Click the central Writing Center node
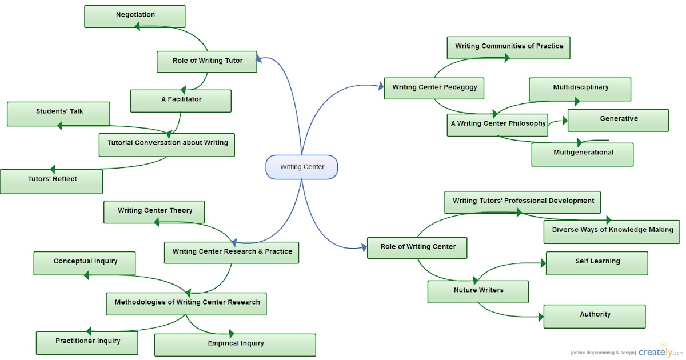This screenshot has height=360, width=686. (302, 167)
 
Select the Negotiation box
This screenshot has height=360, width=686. (135, 16)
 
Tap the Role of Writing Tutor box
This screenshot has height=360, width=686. (207, 61)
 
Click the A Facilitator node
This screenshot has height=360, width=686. (181, 101)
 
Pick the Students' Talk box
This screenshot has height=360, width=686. (58, 113)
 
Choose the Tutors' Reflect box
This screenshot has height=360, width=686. (51, 181)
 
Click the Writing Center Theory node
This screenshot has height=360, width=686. (154, 212)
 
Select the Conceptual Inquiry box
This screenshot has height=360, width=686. (85, 263)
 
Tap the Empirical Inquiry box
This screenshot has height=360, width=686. (235, 345)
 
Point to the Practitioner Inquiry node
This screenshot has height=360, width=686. (87, 342)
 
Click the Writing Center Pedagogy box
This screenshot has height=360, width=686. (434, 89)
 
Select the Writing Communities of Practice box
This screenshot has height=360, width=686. (509, 47)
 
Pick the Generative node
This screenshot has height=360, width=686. (618, 120)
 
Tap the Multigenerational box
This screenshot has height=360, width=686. (583, 154)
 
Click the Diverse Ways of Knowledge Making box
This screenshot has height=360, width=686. (612, 231)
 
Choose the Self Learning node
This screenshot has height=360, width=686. (597, 263)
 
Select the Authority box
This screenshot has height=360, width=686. (595, 316)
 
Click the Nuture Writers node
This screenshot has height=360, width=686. (478, 291)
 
